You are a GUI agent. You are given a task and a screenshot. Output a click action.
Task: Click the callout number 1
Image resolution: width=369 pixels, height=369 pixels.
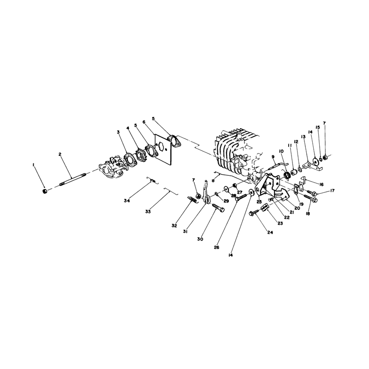pyautogui.click(x=33, y=165)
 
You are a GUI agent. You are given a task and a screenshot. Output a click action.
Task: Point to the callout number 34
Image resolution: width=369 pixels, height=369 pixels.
pyautogui.click(x=127, y=201)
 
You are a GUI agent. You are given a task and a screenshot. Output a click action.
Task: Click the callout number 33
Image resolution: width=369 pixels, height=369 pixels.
pyautogui.click(x=148, y=212)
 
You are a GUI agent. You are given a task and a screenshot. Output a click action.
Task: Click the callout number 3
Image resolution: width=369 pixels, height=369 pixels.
pyautogui.click(x=118, y=132)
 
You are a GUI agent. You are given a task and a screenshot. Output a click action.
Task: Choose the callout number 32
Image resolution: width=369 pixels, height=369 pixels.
pyautogui.click(x=174, y=226)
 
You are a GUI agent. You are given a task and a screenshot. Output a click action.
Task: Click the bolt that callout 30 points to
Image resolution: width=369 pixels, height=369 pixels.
pyautogui.click(x=219, y=208)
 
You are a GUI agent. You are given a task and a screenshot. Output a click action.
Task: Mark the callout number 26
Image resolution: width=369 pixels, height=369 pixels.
pyautogui.click(x=216, y=247)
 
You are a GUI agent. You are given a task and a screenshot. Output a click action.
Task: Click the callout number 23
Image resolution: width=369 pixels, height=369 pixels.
pyautogui.click(x=280, y=223)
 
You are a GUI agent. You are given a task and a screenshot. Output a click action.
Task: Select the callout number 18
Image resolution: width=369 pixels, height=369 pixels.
pyautogui.click(x=308, y=214)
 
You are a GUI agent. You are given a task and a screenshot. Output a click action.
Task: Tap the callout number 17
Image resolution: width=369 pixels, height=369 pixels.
pyautogui.click(x=332, y=190)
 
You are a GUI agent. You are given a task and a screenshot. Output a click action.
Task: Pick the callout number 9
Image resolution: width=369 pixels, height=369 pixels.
pyautogui.click(x=273, y=156)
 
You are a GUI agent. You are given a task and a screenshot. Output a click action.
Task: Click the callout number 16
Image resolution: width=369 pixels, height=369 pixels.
pyautogui.click(x=321, y=184)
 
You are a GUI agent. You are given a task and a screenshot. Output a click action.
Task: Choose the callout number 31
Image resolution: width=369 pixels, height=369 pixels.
pyautogui.click(x=185, y=232)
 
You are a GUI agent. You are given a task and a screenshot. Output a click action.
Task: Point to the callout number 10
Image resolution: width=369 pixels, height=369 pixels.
pyautogui.click(x=281, y=151)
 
